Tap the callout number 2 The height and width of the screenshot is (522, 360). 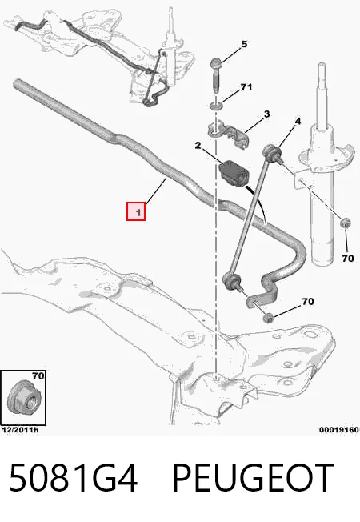click(x=198, y=146)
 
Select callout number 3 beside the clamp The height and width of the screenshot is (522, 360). click(x=266, y=114)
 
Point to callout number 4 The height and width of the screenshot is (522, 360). click(x=298, y=121)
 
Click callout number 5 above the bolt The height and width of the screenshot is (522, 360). click(x=244, y=44)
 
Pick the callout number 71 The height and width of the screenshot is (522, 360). click(x=246, y=87)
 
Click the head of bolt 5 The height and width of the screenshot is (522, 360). click(x=215, y=62)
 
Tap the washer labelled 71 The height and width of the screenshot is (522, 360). click(x=216, y=106)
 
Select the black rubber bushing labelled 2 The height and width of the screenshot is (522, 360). click(x=234, y=173)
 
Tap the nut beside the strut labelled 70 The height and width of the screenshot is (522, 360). click(x=346, y=223)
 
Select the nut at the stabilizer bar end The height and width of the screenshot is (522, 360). click(x=268, y=318)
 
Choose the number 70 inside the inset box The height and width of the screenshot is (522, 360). click(x=38, y=376)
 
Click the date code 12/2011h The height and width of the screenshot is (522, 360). click(x=20, y=430)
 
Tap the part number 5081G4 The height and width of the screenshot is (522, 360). click(x=73, y=477)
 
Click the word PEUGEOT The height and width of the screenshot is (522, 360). click(x=253, y=477)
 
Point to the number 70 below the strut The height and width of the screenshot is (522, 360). click(x=348, y=259)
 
